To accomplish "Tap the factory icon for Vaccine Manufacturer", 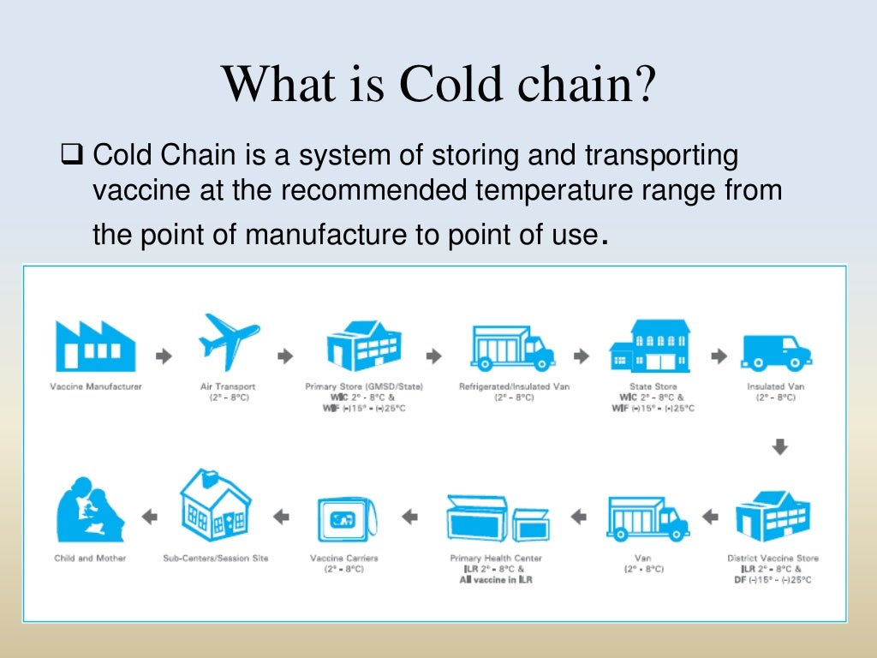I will coord(94,344).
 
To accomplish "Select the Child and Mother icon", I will coord(89,513).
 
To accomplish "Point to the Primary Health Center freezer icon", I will coord(498,517).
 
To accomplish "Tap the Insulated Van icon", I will coord(777,351).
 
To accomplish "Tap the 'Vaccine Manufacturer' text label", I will coord(95,386).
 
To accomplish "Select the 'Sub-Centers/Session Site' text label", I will coord(215,558).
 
